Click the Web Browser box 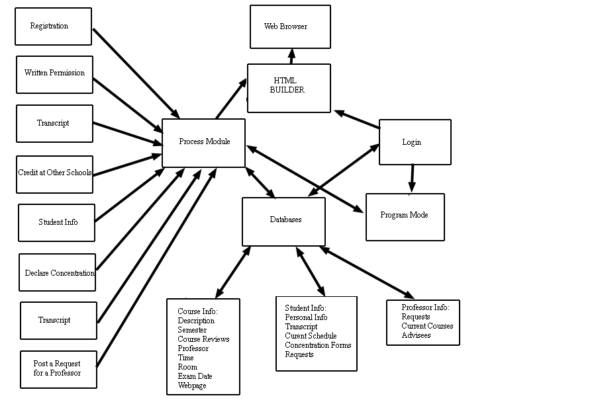tap(290, 27)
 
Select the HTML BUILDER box tap(289, 88)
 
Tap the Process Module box tap(203, 143)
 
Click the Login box tap(415, 142)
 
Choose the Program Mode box tap(405, 217)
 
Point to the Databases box tap(283, 221)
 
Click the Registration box tap(53, 26)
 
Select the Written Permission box tap(54, 74)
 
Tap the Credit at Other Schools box tap(54, 174)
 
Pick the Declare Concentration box tap(57, 272)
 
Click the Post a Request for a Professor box tap(58, 369)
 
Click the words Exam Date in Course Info tap(195, 376)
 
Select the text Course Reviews tap(203, 339)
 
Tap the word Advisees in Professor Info tap(416, 335)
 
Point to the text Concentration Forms tap(318, 345)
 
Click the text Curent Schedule tap(311, 336)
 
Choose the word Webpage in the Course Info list tap(192, 385)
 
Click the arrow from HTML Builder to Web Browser tap(291, 56)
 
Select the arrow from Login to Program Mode tap(411, 179)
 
